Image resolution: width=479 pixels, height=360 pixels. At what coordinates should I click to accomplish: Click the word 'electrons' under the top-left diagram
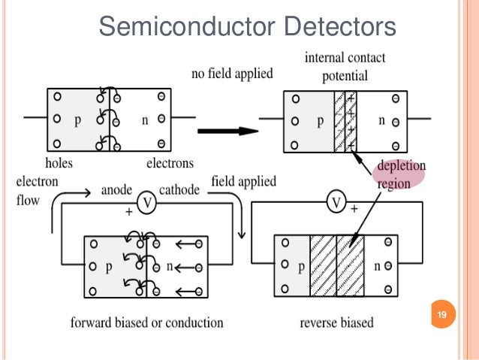(x=170, y=162)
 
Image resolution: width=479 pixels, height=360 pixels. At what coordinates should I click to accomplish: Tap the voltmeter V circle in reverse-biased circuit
(x=339, y=203)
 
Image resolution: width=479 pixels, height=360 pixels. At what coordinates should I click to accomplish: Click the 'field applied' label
(x=243, y=182)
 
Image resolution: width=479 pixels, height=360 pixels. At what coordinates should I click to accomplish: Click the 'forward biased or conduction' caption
(x=146, y=322)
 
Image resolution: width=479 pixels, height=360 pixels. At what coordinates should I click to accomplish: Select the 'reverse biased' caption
(x=337, y=322)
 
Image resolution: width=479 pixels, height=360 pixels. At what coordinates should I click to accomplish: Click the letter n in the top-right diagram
(x=381, y=119)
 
